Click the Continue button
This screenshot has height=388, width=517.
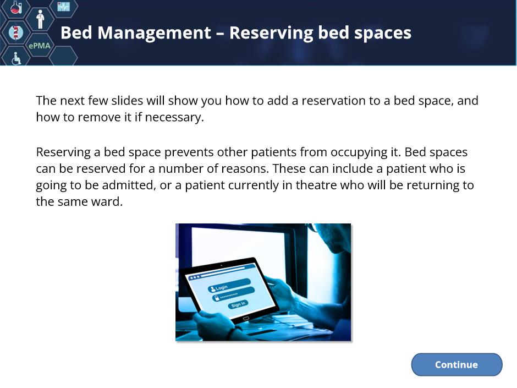pos(457,364)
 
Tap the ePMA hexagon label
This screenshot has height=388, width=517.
pos(40,46)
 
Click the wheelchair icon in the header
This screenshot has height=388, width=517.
pos(16,58)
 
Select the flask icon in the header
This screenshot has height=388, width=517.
pos(16,7)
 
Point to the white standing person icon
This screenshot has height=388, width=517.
pos(40,19)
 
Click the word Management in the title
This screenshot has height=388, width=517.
pos(155,33)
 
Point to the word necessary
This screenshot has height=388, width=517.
pos(174,117)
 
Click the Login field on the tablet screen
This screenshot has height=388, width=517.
pos(229,285)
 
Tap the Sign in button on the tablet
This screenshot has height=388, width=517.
pos(238,304)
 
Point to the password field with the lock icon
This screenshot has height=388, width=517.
pos(233,294)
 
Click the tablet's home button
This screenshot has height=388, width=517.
pos(246,319)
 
